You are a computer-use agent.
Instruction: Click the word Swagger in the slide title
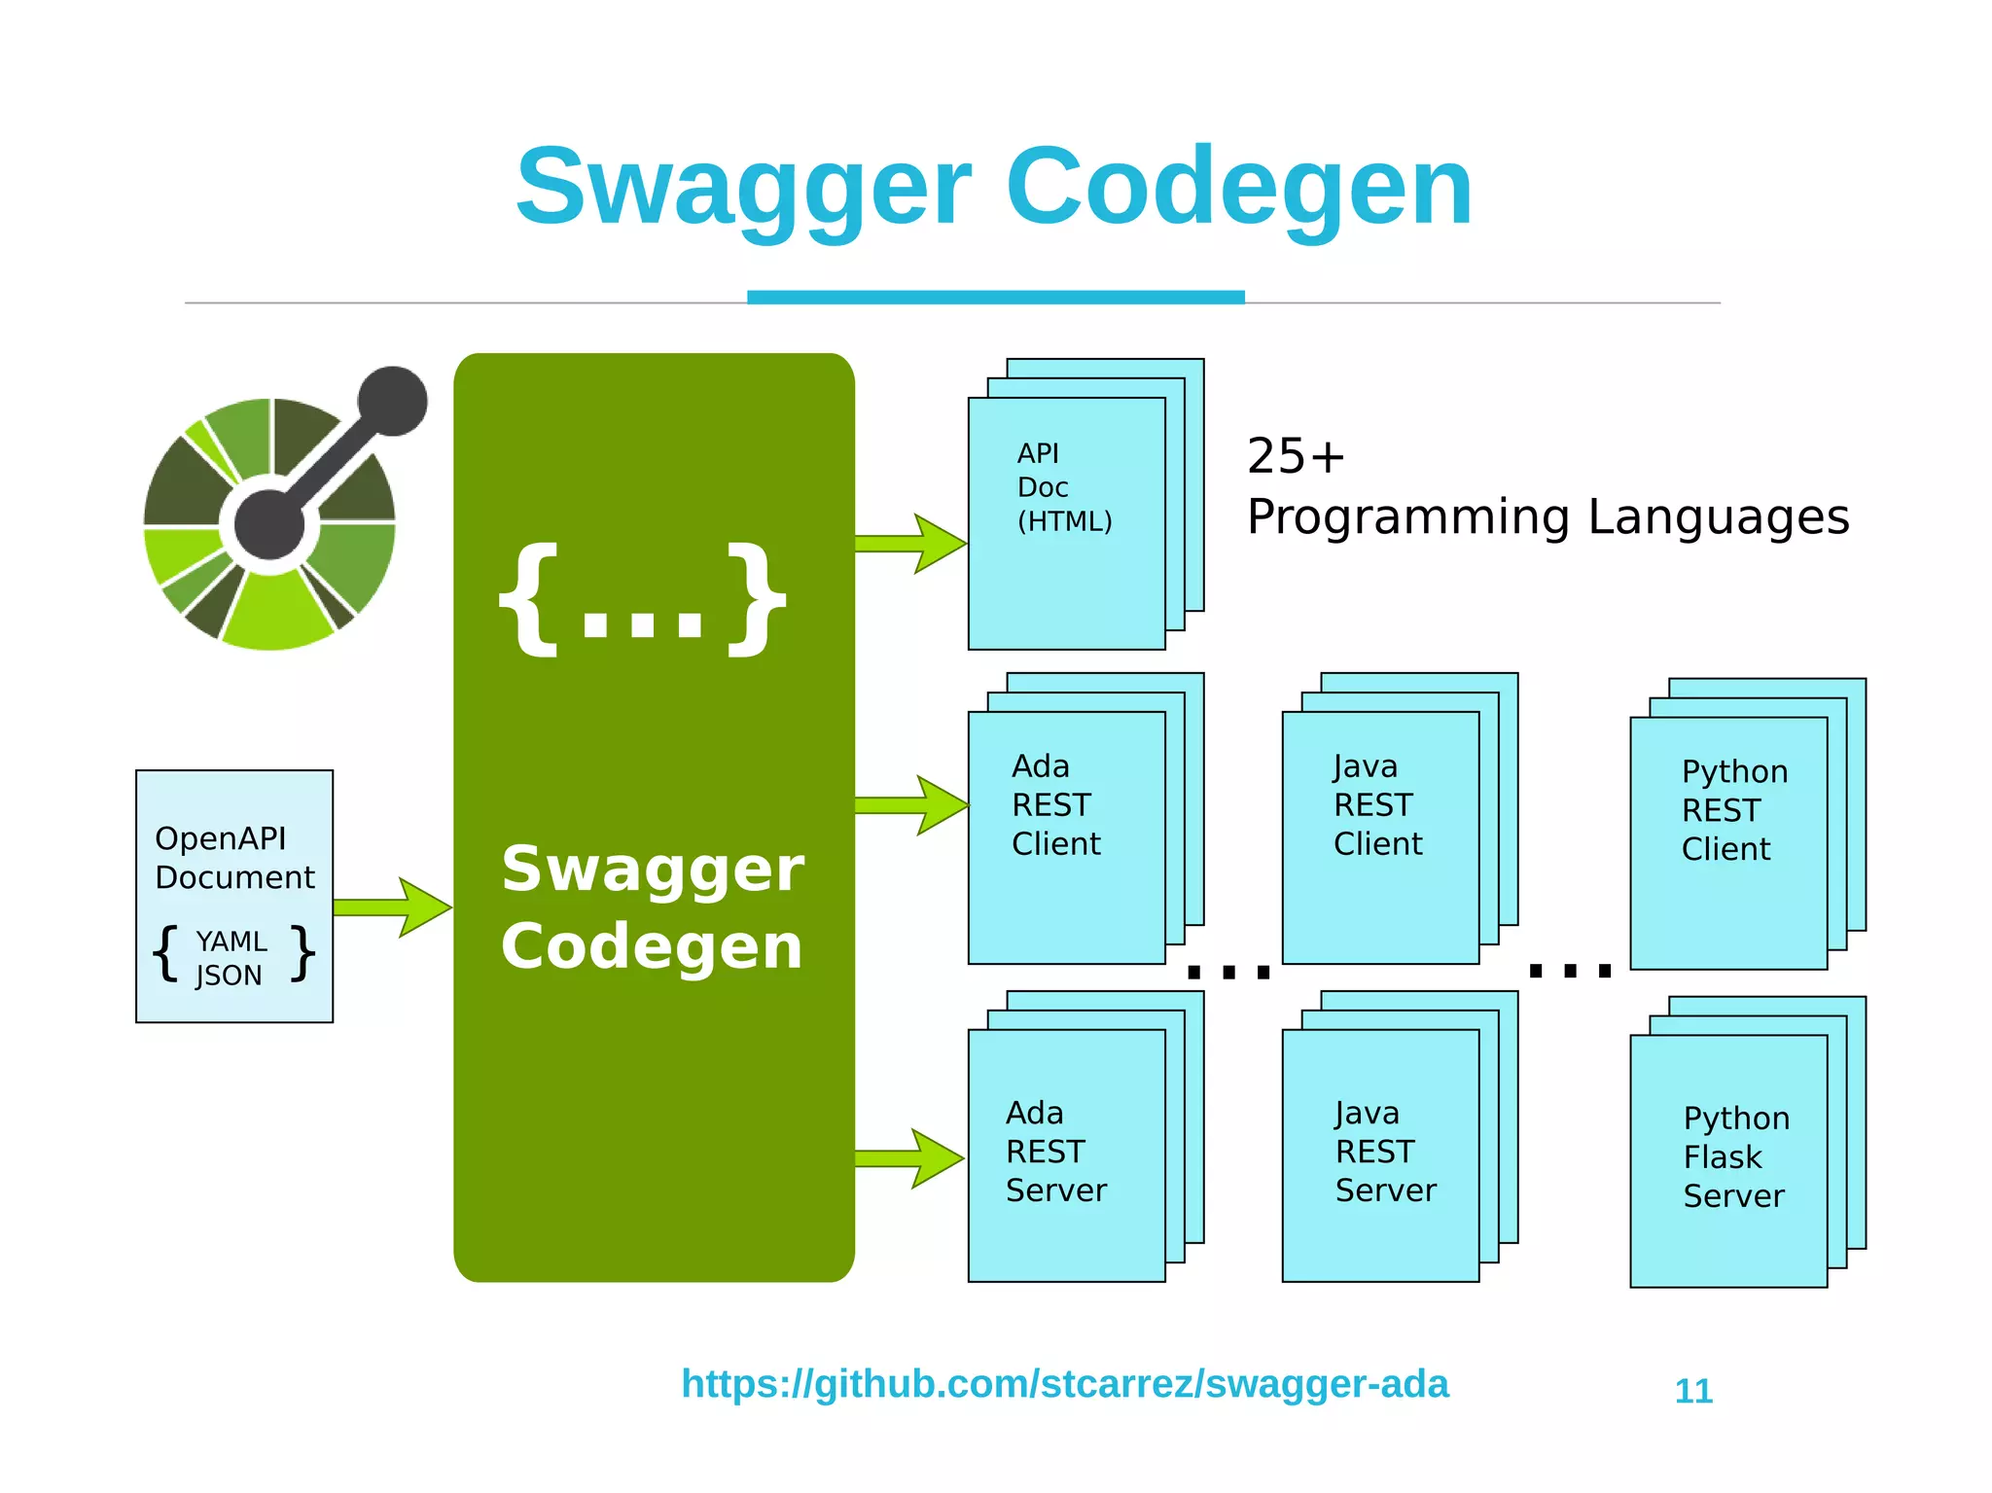744,187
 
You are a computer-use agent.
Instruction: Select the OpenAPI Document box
234,895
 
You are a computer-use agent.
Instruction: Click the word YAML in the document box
231,941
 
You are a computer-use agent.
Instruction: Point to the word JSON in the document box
229,975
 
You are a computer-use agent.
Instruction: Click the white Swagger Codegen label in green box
653,906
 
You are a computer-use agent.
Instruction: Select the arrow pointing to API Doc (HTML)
910,543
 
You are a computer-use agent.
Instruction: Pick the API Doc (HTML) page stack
1067,522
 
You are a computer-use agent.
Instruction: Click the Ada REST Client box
1067,836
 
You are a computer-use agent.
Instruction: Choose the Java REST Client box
1380,836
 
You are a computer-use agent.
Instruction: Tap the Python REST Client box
1728,842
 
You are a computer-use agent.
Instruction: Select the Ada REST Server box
1067,1155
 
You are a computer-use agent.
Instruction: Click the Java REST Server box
1380,1155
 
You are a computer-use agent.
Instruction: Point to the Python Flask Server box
1728,1160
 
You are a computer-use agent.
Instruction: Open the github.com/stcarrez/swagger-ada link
1064,1383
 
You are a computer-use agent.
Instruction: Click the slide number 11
1693,1391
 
